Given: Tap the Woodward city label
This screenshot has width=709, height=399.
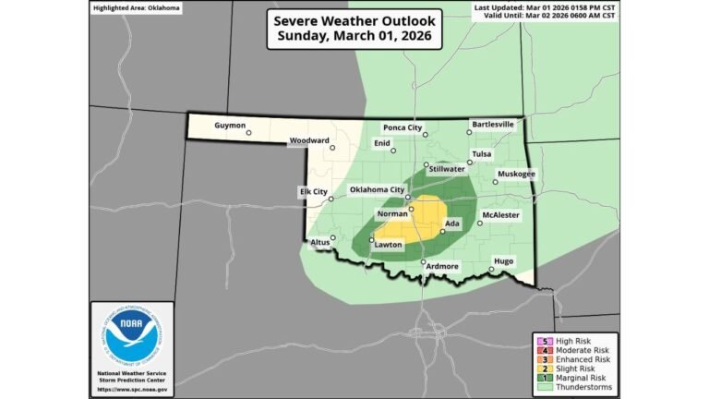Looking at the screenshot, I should [x=309, y=140].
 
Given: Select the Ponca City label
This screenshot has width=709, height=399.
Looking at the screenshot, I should [x=403, y=127].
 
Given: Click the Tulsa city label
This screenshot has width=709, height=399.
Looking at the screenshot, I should [x=482, y=153].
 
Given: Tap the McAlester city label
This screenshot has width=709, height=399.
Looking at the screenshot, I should [x=501, y=214].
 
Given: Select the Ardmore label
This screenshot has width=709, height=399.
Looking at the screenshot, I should [x=441, y=266].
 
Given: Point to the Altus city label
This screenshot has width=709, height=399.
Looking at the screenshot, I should [x=319, y=243].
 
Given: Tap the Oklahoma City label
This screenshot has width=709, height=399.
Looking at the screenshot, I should [x=377, y=190].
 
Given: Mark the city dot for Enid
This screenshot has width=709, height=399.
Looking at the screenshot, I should [x=393, y=151].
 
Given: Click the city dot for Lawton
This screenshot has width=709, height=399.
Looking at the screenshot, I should [x=371, y=240].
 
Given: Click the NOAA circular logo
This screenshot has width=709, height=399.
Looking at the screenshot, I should [x=131, y=339].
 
